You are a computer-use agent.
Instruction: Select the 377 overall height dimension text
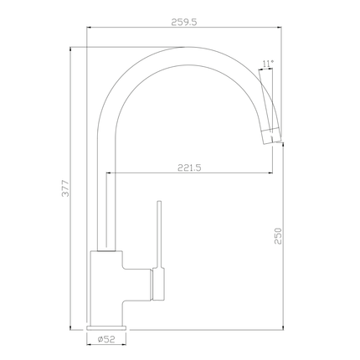click(65, 190)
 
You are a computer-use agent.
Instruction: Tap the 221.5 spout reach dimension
click(189, 167)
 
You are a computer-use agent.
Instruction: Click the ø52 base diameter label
click(107, 338)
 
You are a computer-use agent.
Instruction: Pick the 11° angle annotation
click(267, 63)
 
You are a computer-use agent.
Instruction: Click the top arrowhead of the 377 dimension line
click(73, 49)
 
